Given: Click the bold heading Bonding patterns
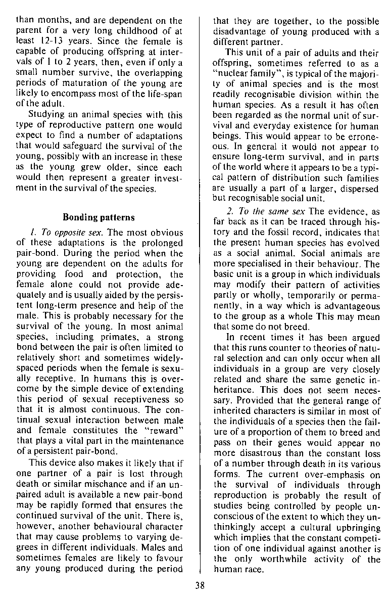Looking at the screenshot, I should click(99, 217).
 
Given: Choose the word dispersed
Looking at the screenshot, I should click(357, 188).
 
